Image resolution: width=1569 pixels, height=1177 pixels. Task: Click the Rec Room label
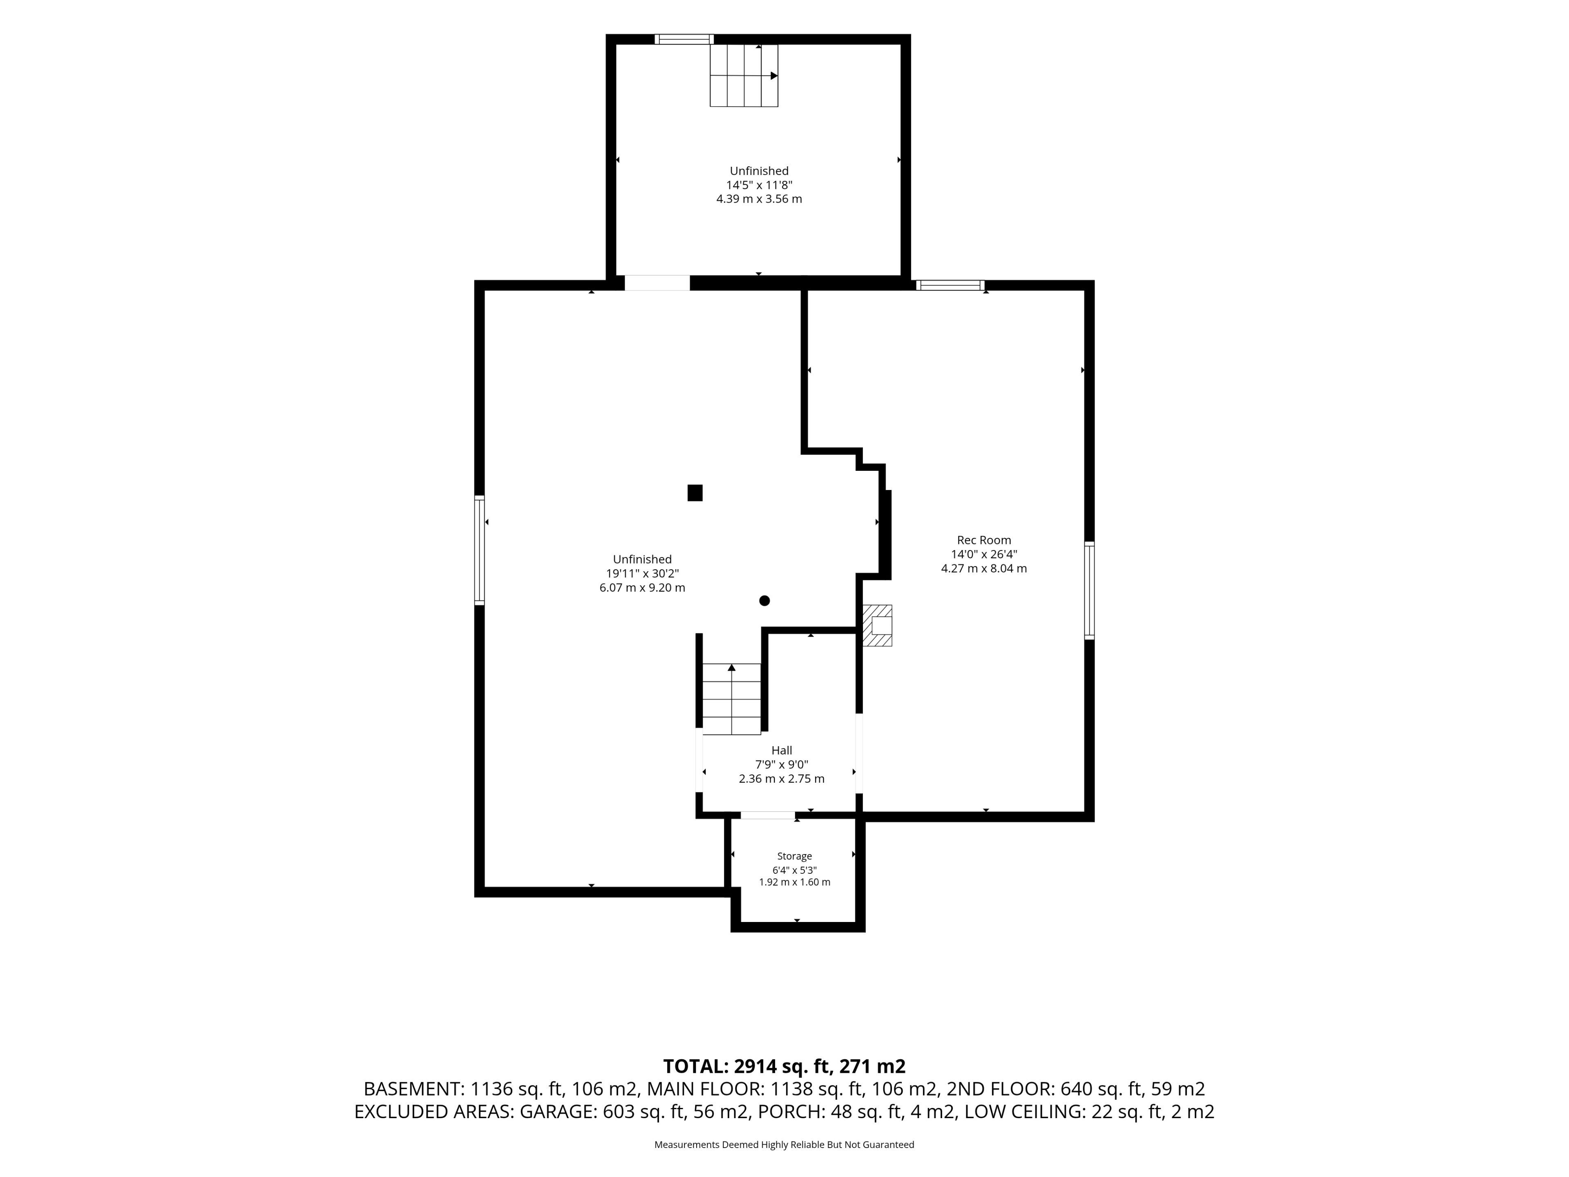(x=984, y=540)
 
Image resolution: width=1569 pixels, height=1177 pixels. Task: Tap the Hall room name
(x=782, y=750)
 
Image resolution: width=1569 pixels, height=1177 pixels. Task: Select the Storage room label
(x=794, y=856)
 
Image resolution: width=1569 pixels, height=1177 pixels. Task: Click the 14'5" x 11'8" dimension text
(x=759, y=184)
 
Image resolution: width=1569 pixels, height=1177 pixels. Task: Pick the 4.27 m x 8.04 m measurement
(x=984, y=568)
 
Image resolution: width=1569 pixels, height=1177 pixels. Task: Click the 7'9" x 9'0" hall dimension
(x=782, y=764)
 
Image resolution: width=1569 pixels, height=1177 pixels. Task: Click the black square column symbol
(x=695, y=493)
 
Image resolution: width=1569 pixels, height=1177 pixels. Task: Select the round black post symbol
(x=764, y=600)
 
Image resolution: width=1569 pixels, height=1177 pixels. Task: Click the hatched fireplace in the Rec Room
(x=877, y=625)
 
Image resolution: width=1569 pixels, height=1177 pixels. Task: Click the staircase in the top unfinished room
(x=744, y=75)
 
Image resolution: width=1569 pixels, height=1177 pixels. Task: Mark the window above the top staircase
(x=684, y=39)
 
